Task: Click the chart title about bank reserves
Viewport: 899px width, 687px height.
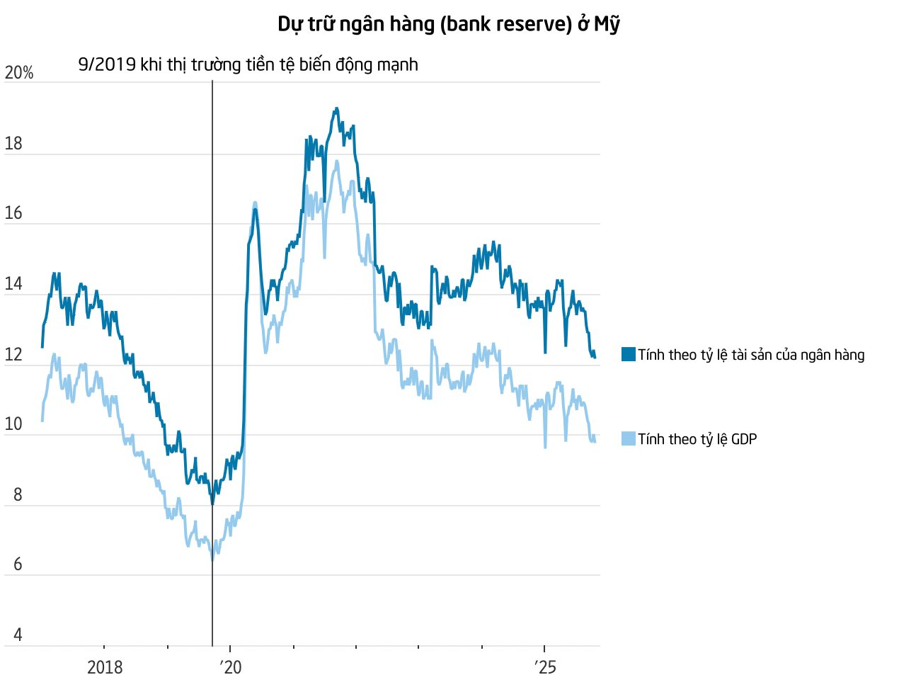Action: [x=449, y=24]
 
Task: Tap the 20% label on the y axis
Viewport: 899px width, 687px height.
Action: [x=19, y=73]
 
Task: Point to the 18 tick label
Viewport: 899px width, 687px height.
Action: [x=13, y=144]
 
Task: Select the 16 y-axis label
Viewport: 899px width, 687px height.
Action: [x=13, y=213]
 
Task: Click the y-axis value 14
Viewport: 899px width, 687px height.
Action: [x=13, y=284]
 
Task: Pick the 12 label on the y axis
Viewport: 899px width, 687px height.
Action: [x=13, y=355]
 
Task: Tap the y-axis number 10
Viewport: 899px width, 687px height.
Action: [x=13, y=424]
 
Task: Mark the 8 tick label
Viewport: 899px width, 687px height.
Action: [x=18, y=494]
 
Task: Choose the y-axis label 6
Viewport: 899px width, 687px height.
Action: [x=18, y=564]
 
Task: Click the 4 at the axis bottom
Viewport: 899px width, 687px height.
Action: [x=18, y=635]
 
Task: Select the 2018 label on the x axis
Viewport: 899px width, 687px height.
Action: [x=105, y=667]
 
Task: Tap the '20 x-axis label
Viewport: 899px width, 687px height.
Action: [x=230, y=667]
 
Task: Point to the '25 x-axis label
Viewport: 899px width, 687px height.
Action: [x=544, y=667]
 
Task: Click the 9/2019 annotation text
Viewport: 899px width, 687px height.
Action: [x=248, y=64]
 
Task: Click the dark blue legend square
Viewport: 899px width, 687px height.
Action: [x=629, y=355]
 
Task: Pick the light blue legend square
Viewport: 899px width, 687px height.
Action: [x=629, y=439]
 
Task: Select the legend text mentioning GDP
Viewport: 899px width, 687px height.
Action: [x=697, y=439]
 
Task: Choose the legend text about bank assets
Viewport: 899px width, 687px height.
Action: [x=751, y=355]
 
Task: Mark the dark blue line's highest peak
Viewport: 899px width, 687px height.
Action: [x=336, y=108]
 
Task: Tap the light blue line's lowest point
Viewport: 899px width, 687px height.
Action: [x=212, y=560]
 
